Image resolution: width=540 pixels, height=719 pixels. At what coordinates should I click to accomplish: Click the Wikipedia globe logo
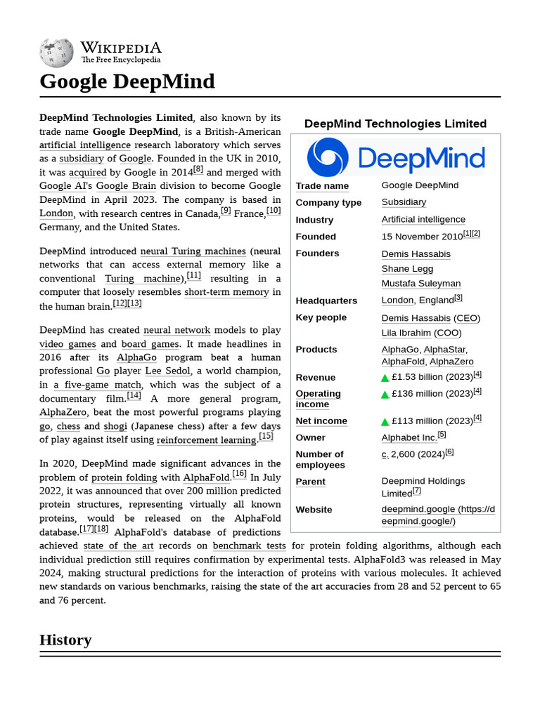[x=56, y=52]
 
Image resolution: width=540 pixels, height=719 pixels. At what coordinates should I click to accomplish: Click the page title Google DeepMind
[x=127, y=81]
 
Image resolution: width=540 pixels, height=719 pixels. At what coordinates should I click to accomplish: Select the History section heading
[x=65, y=640]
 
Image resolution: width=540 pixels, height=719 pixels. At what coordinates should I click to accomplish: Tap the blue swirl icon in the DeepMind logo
[x=328, y=157]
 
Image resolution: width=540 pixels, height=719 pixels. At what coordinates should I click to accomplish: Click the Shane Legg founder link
[x=407, y=269]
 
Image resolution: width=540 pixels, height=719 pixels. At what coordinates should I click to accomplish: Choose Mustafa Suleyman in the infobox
[x=420, y=284]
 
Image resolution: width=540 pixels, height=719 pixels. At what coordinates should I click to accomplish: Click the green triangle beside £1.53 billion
[x=385, y=378]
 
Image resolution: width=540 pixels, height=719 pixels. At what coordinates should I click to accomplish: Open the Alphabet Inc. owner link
[x=409, y=437]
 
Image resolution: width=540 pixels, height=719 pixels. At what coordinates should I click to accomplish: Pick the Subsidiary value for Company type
[x=404, y=202]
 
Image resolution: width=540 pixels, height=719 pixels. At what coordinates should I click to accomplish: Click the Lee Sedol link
[x=167, y=371]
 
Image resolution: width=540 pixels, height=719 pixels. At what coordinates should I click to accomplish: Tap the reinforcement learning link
[x=206, y=440]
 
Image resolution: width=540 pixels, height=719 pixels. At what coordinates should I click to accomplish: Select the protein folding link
[x=124, y=477]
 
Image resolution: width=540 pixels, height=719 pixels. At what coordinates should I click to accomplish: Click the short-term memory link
[x=226, y=292]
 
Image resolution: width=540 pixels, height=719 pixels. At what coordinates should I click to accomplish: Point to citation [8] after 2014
[x=198, y=169]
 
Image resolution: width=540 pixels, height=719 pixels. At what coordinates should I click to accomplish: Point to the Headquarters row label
[x=326, y=301]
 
